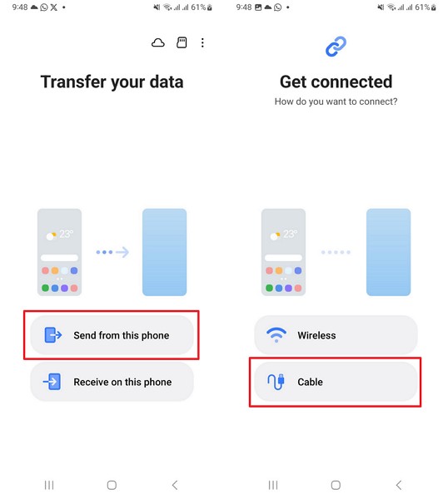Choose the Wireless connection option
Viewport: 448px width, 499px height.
(336, 335)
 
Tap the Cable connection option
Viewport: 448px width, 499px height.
(336, 382)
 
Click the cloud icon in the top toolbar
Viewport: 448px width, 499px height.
(158, 42)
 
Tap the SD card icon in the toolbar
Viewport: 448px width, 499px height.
(182, 42)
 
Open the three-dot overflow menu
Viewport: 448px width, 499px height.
(202, 42)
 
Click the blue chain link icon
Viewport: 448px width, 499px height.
(336, 47)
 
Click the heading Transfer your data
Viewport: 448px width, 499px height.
(112, 82)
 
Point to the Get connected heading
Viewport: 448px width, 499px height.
(336, 82)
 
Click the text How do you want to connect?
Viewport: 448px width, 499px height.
(336, 101)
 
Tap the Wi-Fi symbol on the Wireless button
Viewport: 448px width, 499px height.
(276, 335)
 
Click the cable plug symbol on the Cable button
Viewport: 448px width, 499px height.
(277, 382)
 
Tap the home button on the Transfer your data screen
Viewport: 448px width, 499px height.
(112, 485)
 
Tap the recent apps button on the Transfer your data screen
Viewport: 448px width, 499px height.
(49, 485)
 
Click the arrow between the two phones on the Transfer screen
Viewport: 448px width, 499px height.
(112, 252)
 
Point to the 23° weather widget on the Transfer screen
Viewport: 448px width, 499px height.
(59, 235)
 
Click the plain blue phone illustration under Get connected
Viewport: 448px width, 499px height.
(388, 252)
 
